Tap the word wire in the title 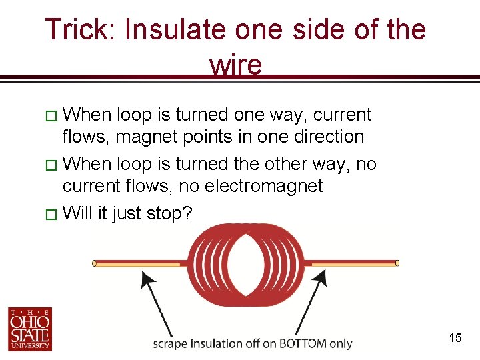point(235,65)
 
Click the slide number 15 point(455,338)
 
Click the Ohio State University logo point(30,329)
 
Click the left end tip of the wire point(94,263)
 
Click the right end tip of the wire point(397,263)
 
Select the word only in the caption point(341,344)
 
